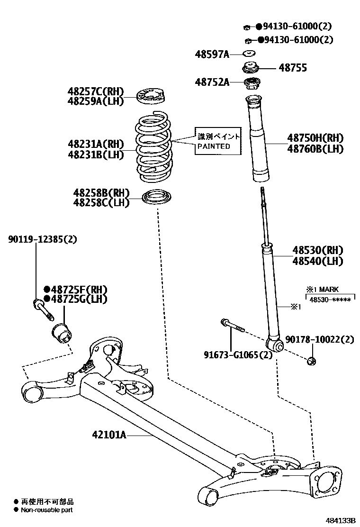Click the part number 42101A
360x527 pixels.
click(109, 434)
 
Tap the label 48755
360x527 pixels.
click(292, 68)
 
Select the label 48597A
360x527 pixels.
click(212, 55)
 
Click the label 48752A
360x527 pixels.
click(212, 82)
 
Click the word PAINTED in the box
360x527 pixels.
click(214, 146)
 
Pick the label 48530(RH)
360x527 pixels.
click(317, 250)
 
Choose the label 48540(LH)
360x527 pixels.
click(317, 261)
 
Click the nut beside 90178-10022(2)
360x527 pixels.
click(312, 362)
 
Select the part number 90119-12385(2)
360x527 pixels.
click(42, 239)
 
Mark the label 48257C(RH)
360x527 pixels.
click(95, 91)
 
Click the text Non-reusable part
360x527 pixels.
click(47, 509)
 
